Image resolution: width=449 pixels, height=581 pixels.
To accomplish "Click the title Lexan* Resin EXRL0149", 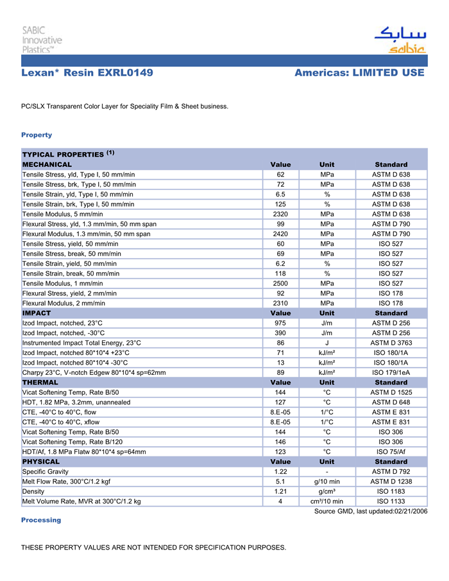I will (x=87, y=73).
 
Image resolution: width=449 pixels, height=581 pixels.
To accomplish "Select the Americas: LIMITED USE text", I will (x=359, y=73).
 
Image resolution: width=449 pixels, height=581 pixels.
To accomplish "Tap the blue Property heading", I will (x=37, y=135).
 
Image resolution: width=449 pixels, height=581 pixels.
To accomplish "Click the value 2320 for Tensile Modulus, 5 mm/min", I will (x=280, y=214).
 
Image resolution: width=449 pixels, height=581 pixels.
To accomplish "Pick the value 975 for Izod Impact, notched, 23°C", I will (x=280, y=323).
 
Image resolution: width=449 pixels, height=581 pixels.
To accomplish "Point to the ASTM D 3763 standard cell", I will (x=391, y=343).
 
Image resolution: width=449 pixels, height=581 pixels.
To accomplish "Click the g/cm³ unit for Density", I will (x=326, y=492).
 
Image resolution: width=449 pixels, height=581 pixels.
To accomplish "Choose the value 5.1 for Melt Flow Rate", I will (x=280, y=481).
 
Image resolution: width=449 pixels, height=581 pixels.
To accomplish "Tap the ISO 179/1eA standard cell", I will (x=391, y=372).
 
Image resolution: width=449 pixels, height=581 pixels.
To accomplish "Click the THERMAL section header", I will (x=40, y=383).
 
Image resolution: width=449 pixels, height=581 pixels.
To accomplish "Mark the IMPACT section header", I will (x=37, y=313).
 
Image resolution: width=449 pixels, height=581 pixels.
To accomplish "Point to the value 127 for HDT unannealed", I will (x=280, y=403).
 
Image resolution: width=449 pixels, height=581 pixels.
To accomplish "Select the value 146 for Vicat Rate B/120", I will (x=280, y=442).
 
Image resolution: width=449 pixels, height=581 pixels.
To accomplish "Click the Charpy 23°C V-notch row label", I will (x=94, y=372).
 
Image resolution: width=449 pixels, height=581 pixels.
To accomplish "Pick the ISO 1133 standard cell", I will (x=391, y=501).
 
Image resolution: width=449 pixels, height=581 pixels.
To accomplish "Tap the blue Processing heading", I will (x=41, y=520).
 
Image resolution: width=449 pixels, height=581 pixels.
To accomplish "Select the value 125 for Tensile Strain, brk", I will (x=280, y=204).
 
